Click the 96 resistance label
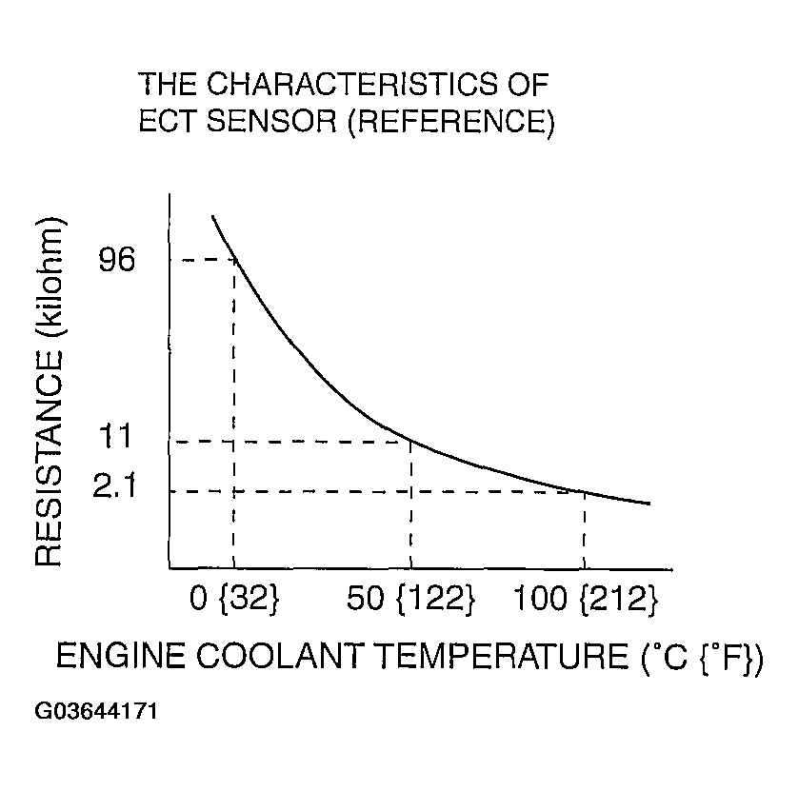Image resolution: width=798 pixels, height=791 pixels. [118, 260]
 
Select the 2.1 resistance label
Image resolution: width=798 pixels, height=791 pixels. [117, 489]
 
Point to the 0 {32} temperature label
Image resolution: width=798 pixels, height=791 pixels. [233, 599]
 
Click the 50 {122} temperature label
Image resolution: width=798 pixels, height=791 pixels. [409, 599]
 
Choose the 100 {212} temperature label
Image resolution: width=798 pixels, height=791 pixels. [586, 599]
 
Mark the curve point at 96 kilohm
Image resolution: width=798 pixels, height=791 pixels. [234, 259]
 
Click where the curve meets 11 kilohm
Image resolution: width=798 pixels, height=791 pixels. [410, 441]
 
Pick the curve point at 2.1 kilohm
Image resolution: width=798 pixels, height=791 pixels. [584, 491]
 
